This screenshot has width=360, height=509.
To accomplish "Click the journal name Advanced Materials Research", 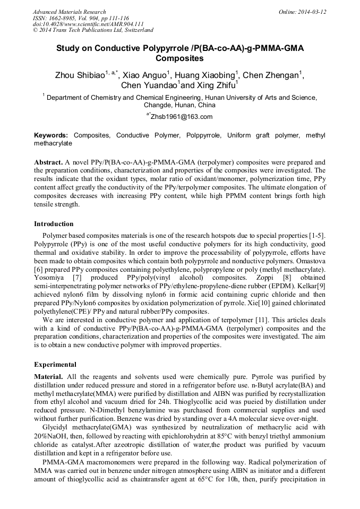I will (69, 12).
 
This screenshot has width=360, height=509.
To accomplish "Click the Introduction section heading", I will (54, 224).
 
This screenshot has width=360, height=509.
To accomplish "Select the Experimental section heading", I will (55, 365).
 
